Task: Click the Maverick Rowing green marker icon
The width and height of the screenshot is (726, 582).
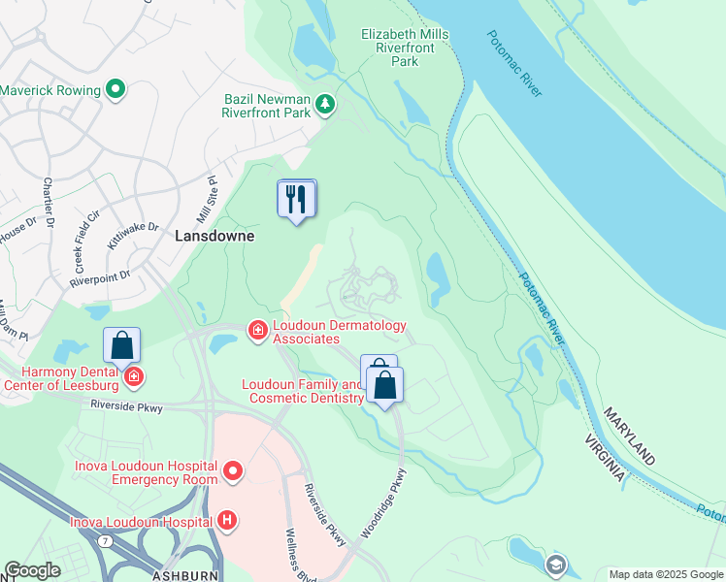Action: click(115, 90)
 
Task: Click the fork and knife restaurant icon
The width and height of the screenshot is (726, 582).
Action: click(296, 200)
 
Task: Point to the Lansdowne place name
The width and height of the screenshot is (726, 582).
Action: click(214, 236)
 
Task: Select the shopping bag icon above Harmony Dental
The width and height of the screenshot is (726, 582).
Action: click(121, 344)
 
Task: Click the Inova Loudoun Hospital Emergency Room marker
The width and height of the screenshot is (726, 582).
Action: click(233, 471)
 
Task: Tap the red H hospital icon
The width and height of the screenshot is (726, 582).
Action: click(226, 521)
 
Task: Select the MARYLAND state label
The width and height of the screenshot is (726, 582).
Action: click(628, 436)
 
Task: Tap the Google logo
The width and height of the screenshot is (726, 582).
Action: click(33, 570)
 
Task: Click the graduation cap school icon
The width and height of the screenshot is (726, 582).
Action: click(555, 565)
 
